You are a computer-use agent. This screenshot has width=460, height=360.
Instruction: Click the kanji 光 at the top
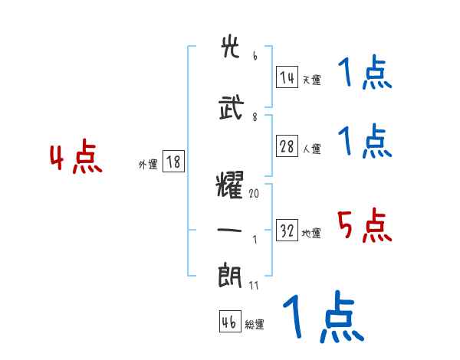[x=230, y=47]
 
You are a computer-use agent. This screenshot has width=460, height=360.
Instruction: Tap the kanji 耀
[x=230, y=186]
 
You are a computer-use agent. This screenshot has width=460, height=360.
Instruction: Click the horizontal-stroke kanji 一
[x=230, y=231]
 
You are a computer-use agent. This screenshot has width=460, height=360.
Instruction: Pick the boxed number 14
[x=287, y=77]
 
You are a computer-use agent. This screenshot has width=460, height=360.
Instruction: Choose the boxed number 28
[x=287, y=147]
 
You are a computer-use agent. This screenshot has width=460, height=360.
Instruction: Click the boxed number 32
[x=287, y=231]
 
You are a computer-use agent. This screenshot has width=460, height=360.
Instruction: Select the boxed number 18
[x=173, y=162]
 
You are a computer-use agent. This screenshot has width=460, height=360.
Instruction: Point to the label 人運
[x=312, y=149]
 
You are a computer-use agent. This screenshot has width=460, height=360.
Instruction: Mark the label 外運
[x=148, y=164]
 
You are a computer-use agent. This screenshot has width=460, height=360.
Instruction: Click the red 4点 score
[x=75, y=159]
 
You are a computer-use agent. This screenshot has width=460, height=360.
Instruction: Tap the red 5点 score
[x=365, y=226]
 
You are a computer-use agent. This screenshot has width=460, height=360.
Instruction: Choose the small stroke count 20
[x=254, y=195]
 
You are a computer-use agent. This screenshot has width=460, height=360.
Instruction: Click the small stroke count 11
[x=254, y=286]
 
